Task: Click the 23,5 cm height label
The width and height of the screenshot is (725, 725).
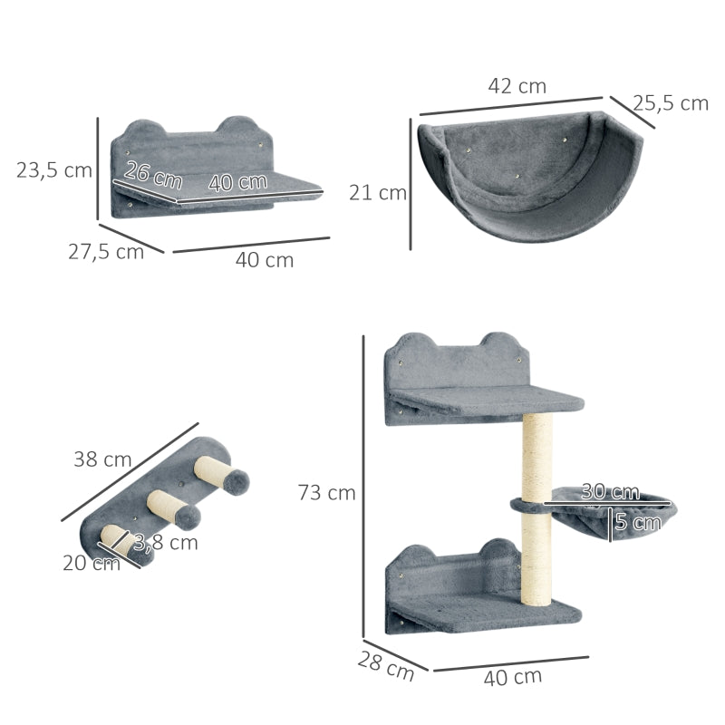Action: [54, 170]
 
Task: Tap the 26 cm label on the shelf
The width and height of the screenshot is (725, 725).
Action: [153, 175]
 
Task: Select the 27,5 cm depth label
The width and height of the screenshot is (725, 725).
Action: [106, 252]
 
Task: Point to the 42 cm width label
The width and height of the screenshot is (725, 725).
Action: [517, 86]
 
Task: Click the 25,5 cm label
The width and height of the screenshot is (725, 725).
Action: [671, 103]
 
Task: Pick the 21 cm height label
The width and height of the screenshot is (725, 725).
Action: [378, 193]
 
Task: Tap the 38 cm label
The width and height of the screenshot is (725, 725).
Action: [102, 459]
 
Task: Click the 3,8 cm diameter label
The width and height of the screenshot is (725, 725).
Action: [166, 542]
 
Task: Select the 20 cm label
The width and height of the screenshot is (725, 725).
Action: [92, 563]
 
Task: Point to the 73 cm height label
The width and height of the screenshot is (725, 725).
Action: [326, 492]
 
